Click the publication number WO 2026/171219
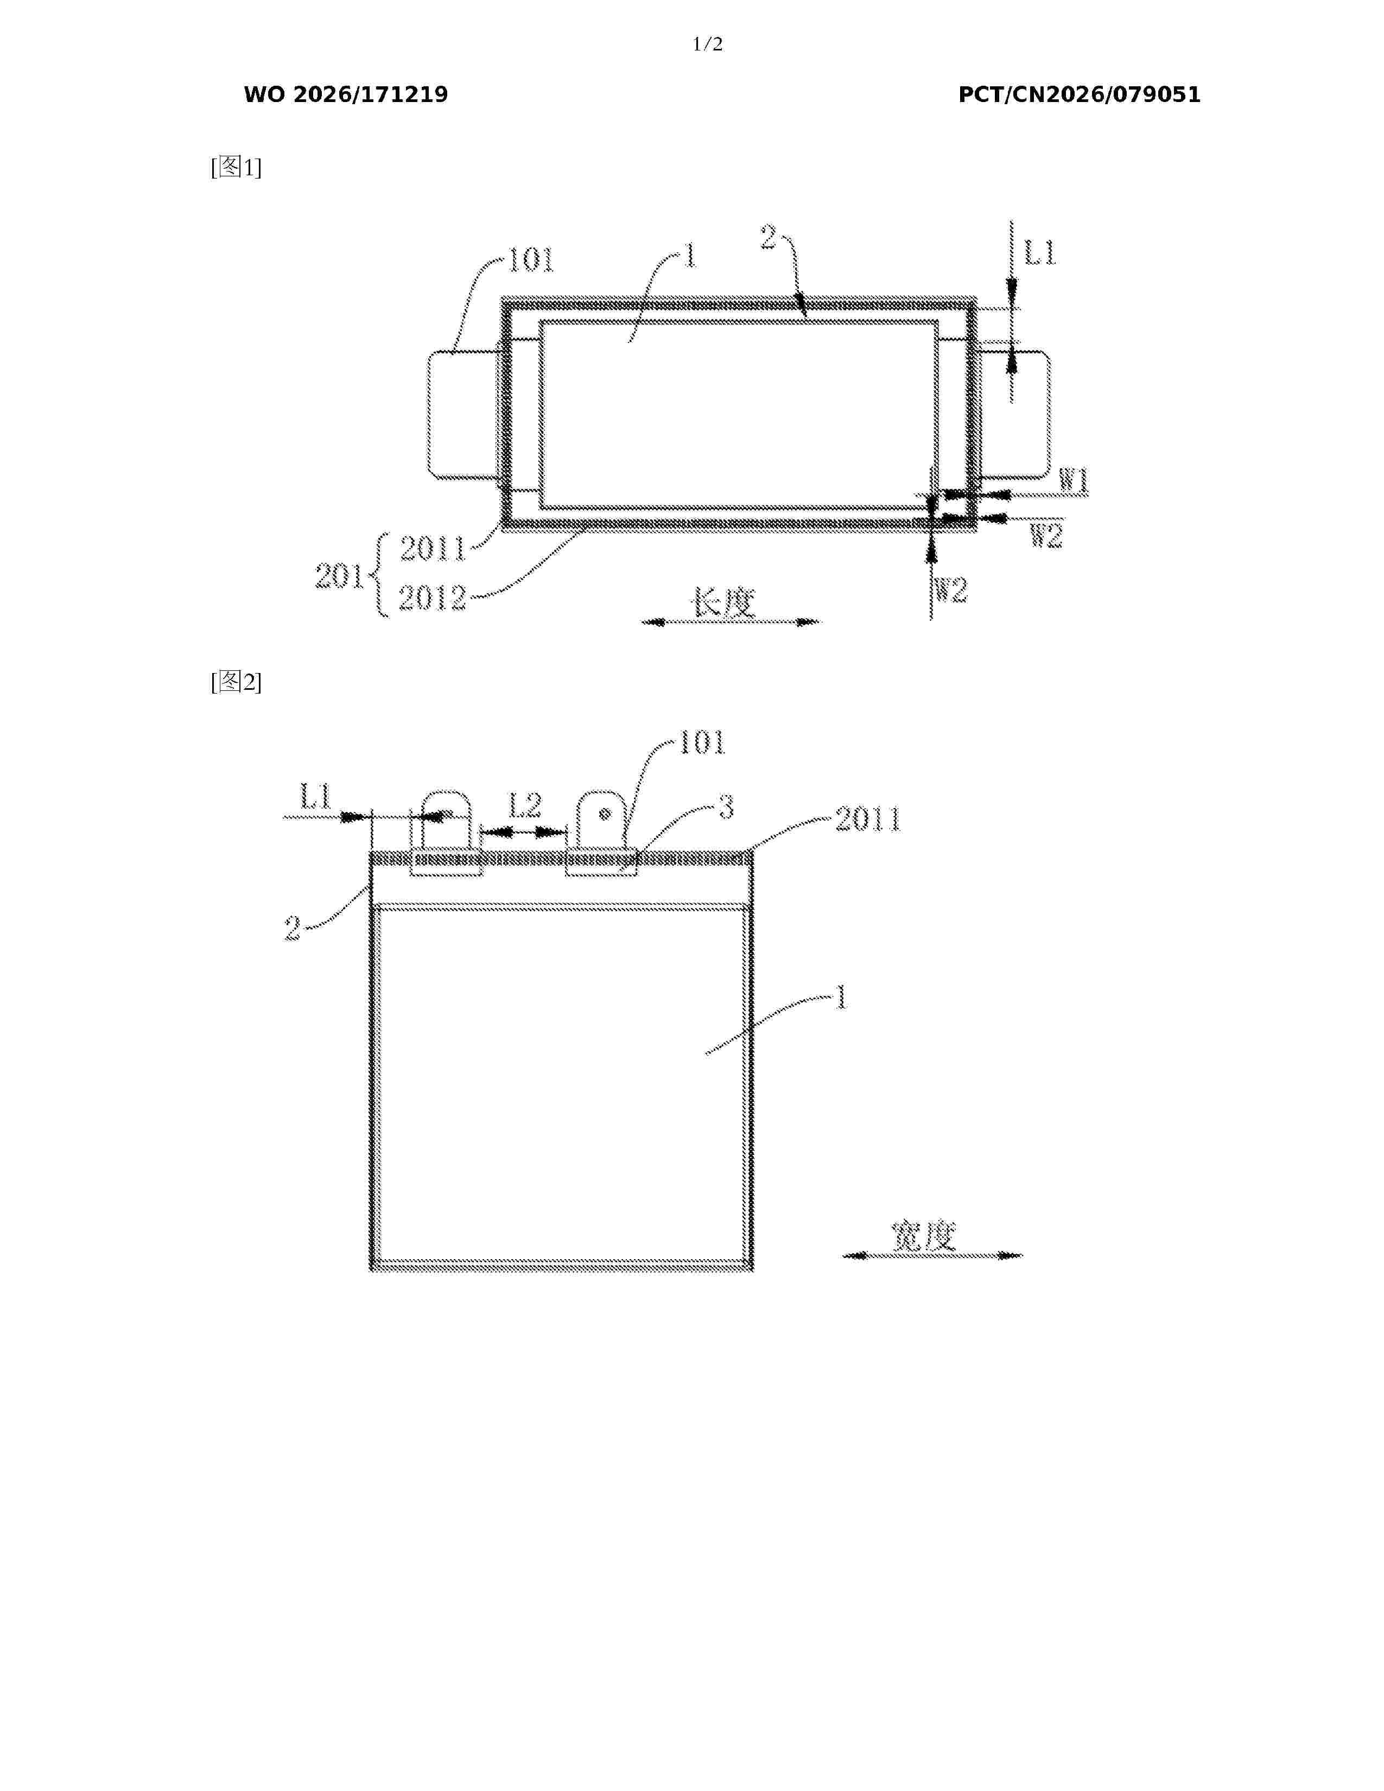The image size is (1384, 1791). click(346, 95)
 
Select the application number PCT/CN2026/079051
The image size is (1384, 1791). click(1079, 95)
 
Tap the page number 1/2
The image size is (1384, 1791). click(708, 45)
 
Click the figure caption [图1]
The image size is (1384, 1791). click(236, 167)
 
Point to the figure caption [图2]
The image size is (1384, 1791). click(236, 682)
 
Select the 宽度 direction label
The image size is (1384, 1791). click(924, 1236)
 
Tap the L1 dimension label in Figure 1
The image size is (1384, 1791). click(1040, 254)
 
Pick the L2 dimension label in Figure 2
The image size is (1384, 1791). click(525, 805)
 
